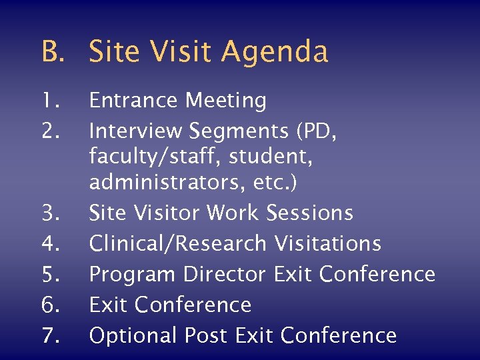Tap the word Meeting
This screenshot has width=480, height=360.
(x=226, y=101)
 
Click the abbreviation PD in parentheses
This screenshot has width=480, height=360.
(x=321, y=131)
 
